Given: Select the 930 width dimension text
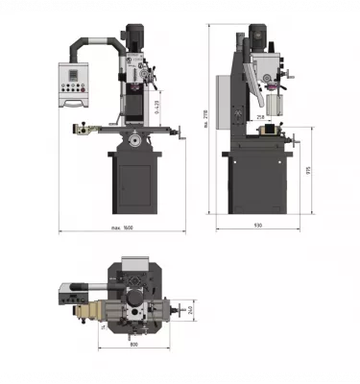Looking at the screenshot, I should pyautogui.click(x=258, y=225).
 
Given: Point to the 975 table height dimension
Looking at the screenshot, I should pyautogui.click(x=306, y=169).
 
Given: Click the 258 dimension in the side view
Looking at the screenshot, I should pyautogui.click(x=260, y=117).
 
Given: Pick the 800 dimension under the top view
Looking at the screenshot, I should pyautogui.click(x=133, y=344).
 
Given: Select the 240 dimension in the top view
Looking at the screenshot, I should pyautogui.click(x=190, y=309).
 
